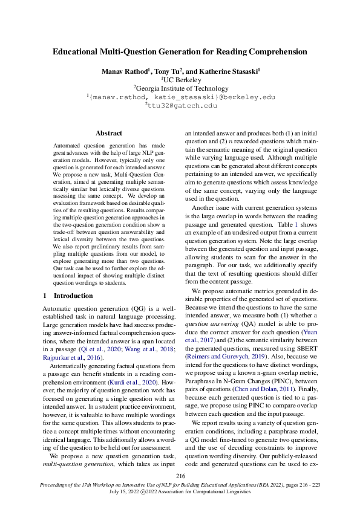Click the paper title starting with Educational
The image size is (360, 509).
click(x=180, y=52)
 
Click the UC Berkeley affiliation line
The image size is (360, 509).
click(x=180, y=79)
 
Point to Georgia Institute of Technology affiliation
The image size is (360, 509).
click(x=180, y=88)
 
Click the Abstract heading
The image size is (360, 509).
click(x=109, y=133)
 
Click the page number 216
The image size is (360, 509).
click(x=180, y=477)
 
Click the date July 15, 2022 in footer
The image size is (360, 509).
click(x=131, y=493)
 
